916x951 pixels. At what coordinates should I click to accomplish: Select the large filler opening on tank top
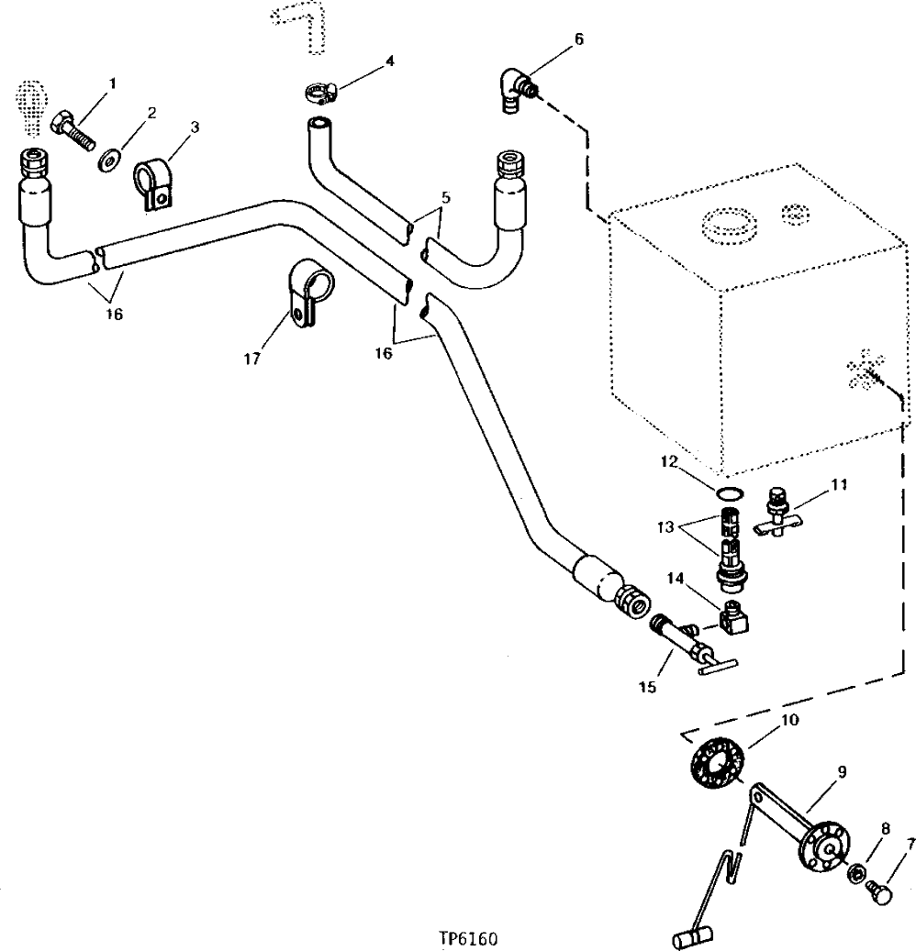[725, 223]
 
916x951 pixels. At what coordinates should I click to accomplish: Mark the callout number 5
[445, 198]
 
